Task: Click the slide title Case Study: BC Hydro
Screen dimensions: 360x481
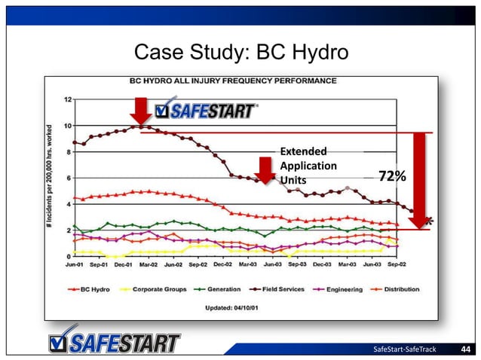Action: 240,52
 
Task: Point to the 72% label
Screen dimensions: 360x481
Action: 392,176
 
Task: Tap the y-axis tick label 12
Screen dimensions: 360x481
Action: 67,99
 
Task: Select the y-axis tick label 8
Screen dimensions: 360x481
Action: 69,151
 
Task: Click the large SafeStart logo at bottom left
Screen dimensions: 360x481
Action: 112,340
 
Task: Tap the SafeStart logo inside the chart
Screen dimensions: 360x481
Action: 205,112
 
